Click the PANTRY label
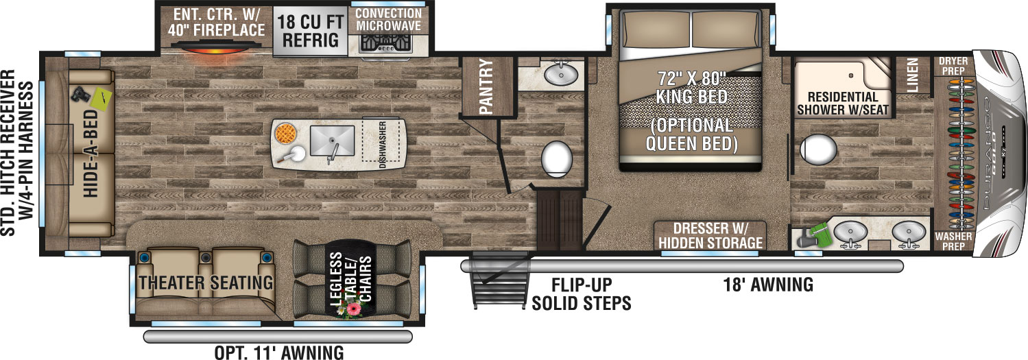(x=486, y=86)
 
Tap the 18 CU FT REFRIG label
(x=310, y=31)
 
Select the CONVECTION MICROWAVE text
(x=388, y=20)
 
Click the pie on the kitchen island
(x=286, y=134)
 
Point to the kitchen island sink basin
(x=332, y=141)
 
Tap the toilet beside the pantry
(x=557, y=158)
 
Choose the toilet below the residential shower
(x=818, y=149)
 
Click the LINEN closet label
(x=912, y=75)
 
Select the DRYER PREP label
(x=953, y=66)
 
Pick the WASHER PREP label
(x=953, y=241)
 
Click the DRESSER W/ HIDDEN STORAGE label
(x=710, y=236)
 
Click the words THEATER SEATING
(x=206, y=283)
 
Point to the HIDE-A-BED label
(x=91, y=154)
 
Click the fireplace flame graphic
(x=214, y=50)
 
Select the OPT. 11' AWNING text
(x=279, y=352)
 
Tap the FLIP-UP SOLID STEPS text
(x=582, y=294)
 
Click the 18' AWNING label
(x=768, y=285)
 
